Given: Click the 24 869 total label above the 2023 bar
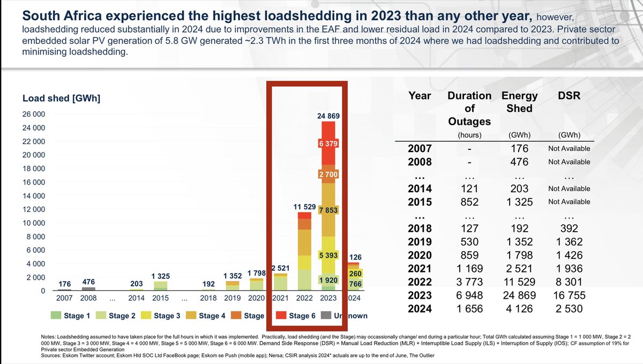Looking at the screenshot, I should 328,116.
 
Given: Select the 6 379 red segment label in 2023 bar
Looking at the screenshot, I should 328,143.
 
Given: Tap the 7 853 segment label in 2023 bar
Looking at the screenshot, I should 328,210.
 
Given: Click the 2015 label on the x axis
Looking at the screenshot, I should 161,298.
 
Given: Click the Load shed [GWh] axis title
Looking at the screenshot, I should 62,98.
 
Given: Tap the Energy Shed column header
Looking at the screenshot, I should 519,102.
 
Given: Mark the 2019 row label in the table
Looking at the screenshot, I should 420,242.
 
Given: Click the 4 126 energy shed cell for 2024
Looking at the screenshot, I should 519,309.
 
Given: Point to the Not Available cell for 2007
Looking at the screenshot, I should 569,149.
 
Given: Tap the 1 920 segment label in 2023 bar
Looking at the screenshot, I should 328,280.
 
